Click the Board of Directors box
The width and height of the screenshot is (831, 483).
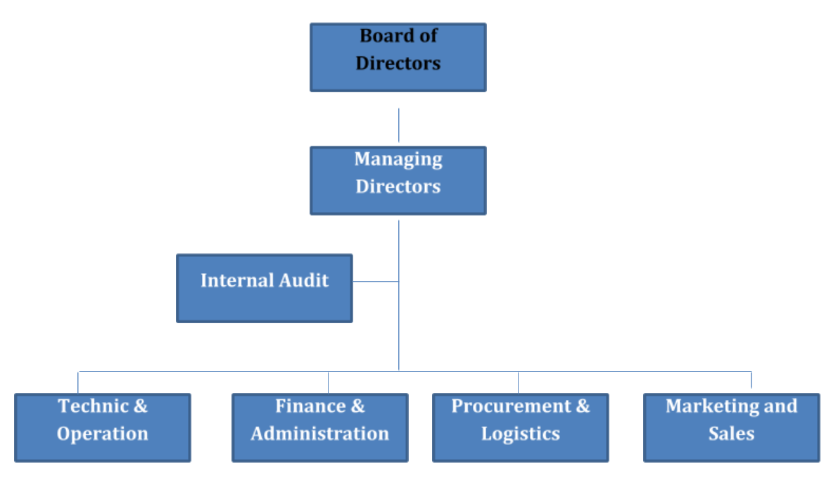(x=398, y=58)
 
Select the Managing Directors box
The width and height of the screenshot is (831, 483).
(x=398, y=181)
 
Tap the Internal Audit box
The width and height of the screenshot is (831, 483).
(x=264, y=289)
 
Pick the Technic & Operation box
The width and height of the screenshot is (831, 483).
(x=103, y=428)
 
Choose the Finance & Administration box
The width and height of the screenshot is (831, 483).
(x=320, y=428)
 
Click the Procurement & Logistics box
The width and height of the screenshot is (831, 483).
(x=521, y=428)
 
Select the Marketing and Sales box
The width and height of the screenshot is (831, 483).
(x=732, y=428)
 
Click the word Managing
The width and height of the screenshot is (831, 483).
(x=398, y=160)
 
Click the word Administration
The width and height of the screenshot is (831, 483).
(x=320, y=434)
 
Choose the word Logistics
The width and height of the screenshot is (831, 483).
(x=521, y=434)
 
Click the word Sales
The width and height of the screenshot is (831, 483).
(x=732, y=434)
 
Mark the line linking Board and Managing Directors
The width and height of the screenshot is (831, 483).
(x=399, y=125)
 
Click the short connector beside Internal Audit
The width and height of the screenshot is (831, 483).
(x=376, y=282)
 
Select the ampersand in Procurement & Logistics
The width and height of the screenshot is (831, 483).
(x=583, y=406)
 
